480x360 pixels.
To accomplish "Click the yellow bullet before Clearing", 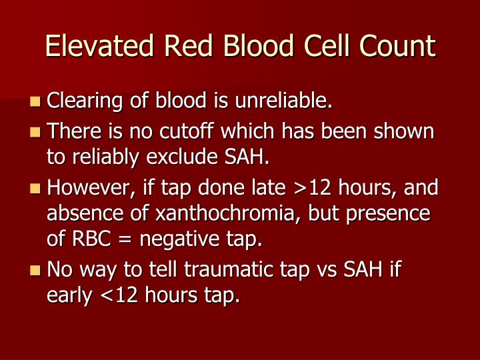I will [x=35, y=102].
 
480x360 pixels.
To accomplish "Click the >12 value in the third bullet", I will [x=312, y=188].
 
